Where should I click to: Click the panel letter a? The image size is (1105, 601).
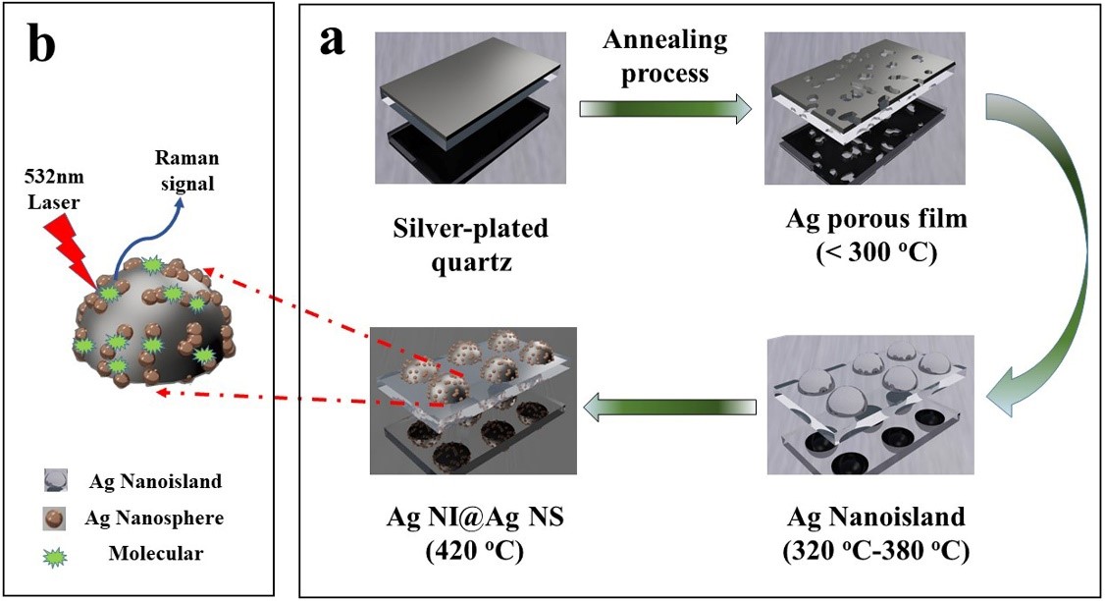333,40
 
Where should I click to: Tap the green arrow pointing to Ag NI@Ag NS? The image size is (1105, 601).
671,400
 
